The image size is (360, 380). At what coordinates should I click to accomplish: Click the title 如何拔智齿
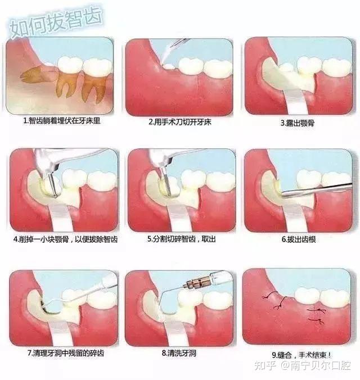(56, 22)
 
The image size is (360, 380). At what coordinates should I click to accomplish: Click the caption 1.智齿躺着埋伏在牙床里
(62, 121)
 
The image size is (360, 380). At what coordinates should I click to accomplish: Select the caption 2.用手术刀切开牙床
(180, 122)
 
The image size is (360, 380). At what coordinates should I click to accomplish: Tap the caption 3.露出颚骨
(298, 123)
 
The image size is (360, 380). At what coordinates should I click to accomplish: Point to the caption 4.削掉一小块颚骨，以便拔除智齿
(65, 239)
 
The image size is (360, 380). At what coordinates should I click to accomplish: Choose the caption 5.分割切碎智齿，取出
(182, 239)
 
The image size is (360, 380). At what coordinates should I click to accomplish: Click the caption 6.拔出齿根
(299, 239)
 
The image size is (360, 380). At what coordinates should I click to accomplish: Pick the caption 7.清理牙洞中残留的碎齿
(65, 353)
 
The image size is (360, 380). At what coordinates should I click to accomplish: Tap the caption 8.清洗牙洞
(179, 353)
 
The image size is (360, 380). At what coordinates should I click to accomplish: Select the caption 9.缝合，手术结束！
(301, 355)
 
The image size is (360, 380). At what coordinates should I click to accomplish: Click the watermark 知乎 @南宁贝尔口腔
(303, 365)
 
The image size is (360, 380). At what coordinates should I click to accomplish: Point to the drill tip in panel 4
(55, 195)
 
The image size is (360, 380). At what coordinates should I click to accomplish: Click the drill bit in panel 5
(166, 185)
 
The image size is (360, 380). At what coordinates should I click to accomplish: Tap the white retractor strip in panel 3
(295, 102)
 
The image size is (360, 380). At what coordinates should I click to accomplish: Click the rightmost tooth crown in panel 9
(335, 297)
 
